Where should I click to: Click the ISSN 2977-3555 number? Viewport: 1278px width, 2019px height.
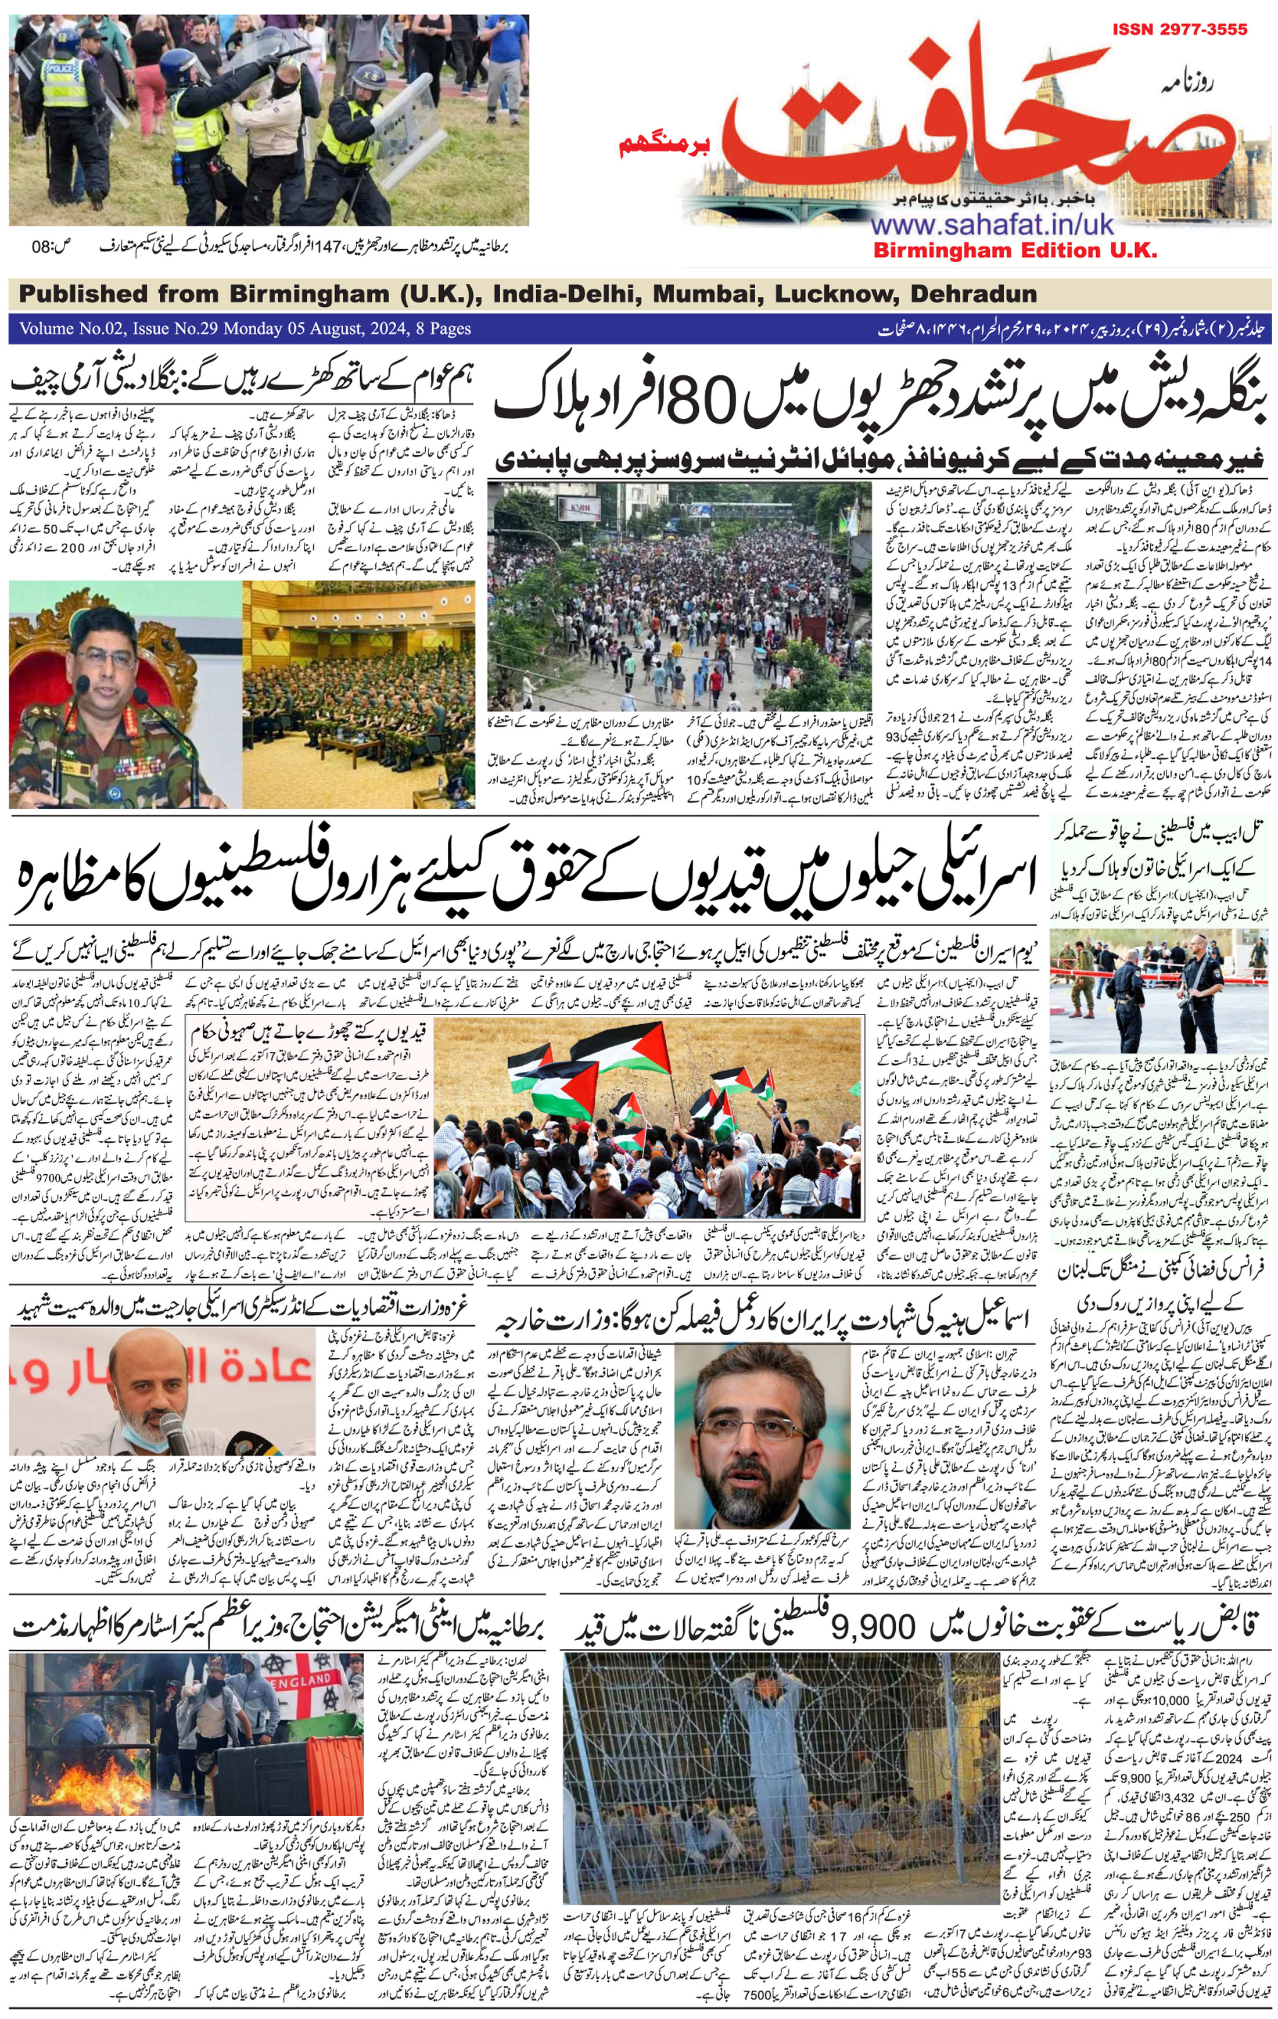(x=1179, y=30)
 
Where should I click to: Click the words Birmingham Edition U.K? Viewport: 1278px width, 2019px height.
(x=1015, y=250)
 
